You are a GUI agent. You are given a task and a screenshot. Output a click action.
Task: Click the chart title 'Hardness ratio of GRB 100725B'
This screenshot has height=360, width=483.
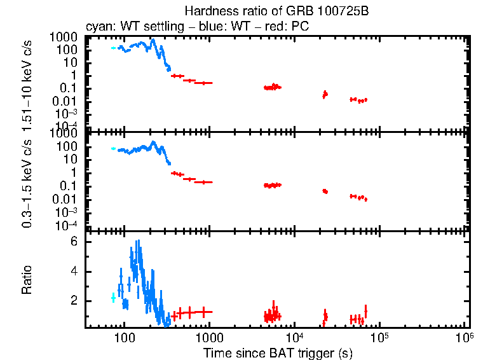coord(276,11)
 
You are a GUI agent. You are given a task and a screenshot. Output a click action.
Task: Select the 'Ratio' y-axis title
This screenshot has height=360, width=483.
coord(27,279)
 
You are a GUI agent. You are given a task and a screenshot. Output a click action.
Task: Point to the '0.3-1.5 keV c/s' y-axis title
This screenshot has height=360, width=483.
coord(27,181)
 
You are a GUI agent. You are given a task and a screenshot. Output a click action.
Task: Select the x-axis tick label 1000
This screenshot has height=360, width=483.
coord(209,337)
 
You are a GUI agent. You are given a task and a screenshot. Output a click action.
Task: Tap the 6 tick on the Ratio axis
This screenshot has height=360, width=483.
coord(74,242)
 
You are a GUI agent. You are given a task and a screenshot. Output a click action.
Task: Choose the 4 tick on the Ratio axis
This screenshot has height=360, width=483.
coord(74,272)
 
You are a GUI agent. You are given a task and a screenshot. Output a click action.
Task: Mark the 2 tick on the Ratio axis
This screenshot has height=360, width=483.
coord(74,300)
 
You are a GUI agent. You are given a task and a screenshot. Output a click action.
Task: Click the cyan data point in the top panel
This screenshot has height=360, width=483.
coord(113,48)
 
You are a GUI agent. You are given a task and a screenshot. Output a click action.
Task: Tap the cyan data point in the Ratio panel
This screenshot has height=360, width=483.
coord(113,297)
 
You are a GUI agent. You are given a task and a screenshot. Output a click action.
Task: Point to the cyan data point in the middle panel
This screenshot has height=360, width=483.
coord(113,148)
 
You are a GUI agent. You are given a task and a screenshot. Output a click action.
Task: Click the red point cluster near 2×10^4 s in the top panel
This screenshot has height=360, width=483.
coord(325,94)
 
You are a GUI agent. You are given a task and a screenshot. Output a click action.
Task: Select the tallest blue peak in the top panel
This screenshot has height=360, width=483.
coord(153,41)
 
